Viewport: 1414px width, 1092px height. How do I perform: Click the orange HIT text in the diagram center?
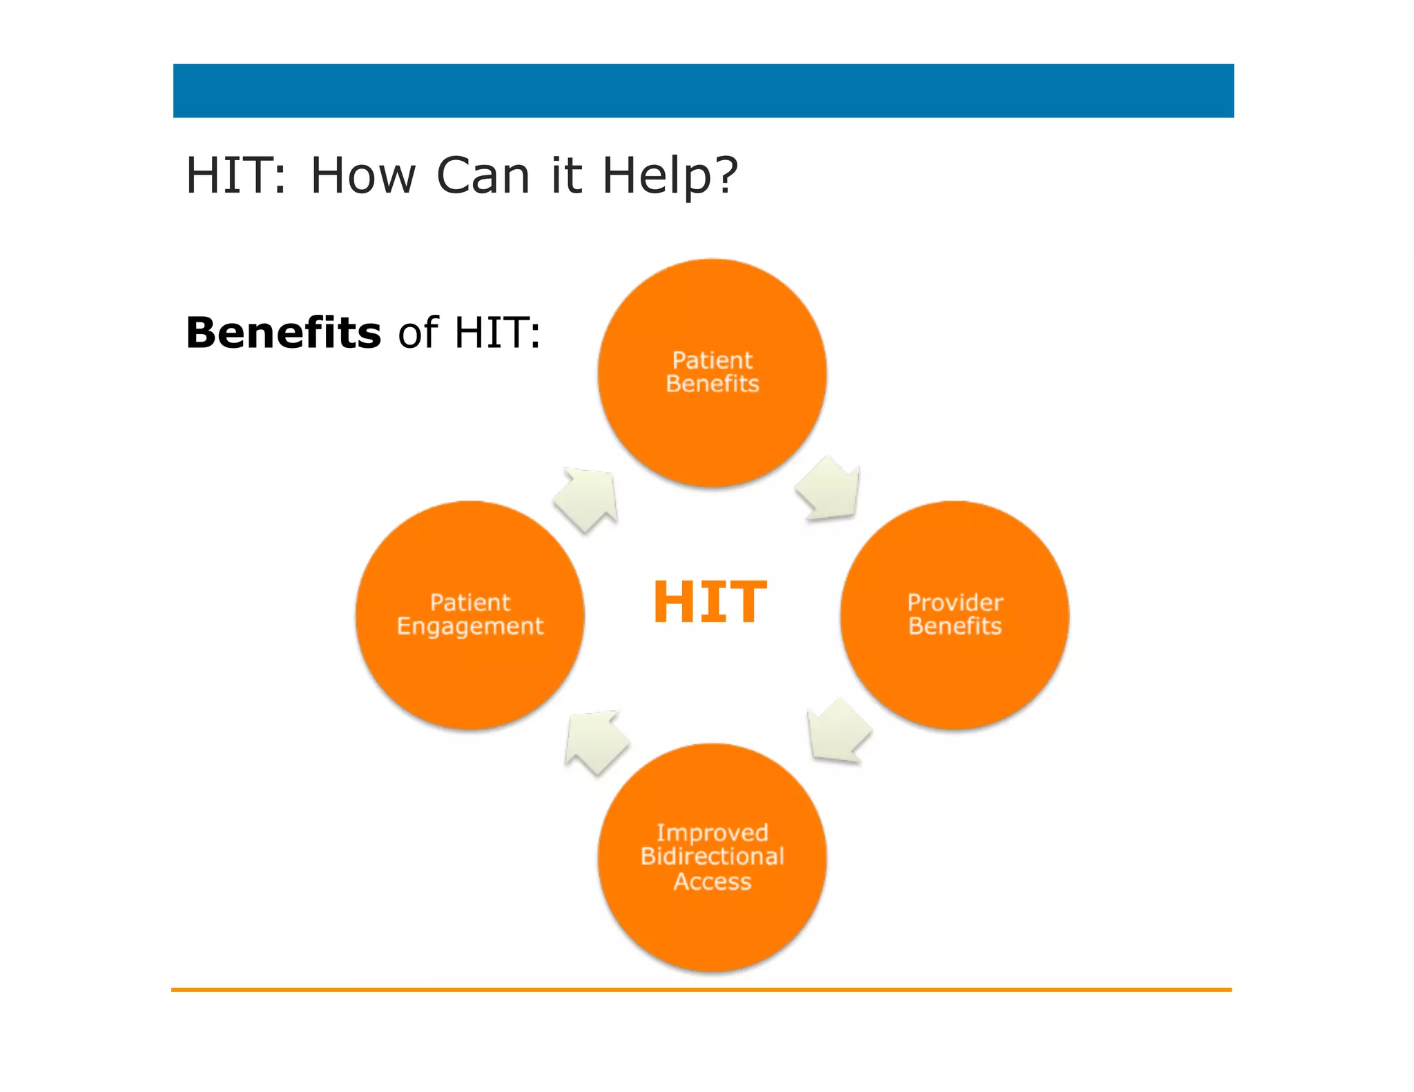tap(709, 601)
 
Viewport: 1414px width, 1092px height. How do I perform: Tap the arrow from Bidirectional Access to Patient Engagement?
tap(595, 741)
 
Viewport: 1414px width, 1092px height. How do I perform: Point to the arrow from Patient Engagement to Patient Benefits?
tap(588, 498)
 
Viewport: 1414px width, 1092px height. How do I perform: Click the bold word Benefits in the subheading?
tap(283, 333)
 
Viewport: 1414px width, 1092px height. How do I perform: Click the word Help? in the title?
tap(670, 175)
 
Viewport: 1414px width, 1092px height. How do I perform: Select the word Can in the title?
tap(483, 175)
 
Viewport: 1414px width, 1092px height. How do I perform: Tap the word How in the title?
tap(363, 175)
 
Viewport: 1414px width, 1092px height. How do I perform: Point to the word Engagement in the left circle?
tap(470, 626)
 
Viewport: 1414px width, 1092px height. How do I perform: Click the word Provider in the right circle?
tap(955, 603)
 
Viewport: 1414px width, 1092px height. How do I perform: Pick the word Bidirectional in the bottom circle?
tap(712, 856)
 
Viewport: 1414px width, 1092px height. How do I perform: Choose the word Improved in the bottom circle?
tap(712, 832)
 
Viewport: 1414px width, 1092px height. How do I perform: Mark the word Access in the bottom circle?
tap(712, 881)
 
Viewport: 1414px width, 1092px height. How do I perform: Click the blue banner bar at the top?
tap(703, 90)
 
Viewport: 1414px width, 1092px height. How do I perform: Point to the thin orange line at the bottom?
tap(701, 989)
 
